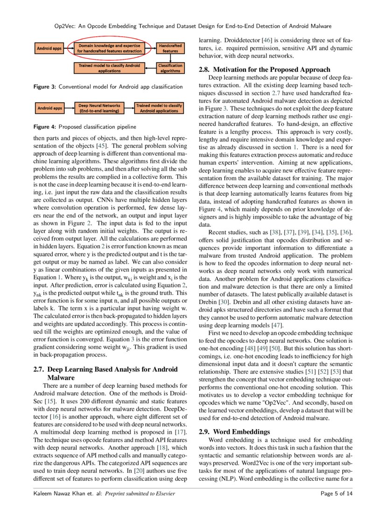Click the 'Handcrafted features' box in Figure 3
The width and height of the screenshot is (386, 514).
tap(170, 48)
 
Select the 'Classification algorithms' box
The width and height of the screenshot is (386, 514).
tap(170, 68)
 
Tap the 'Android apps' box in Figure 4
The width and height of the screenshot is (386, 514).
tap(49, 108)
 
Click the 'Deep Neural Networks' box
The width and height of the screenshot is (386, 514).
tap(99, 108)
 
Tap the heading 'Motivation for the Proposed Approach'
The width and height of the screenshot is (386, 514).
tap(273, 69)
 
